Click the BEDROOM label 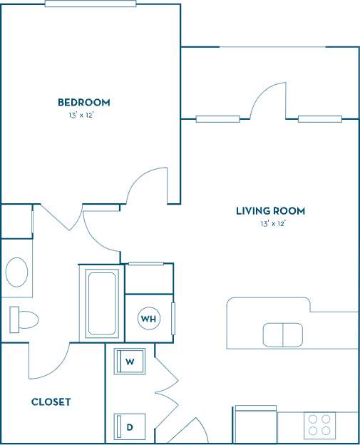84,103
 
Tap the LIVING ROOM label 270,211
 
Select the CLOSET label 51,402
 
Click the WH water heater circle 148,318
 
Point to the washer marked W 130,362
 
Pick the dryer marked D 130,426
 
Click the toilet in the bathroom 23,319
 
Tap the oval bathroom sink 16,272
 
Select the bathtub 101,304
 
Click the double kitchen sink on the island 283,334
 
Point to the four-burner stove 317,426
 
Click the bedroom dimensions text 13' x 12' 83,115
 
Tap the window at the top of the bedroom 90,4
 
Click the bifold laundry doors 165,389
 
